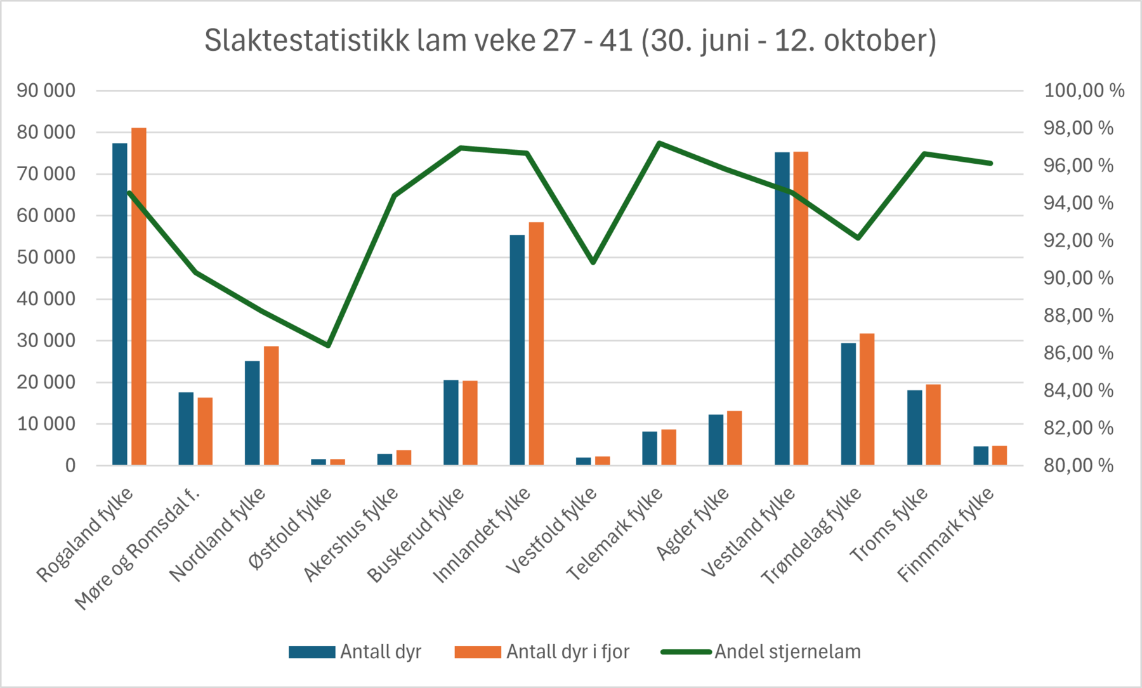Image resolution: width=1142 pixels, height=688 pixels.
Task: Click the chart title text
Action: click(570, 41)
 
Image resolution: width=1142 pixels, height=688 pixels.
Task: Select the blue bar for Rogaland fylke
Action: click(120, 305)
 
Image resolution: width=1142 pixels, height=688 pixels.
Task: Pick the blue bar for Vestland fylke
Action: click(782, 309)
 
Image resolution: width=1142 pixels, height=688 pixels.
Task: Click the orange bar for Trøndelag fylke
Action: click(867, 400)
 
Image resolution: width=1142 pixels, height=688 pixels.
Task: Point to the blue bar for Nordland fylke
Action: click(253, 413)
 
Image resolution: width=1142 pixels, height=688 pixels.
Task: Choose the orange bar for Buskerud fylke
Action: click(470, 423)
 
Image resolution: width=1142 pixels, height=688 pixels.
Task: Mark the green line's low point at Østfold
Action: click(328, 345)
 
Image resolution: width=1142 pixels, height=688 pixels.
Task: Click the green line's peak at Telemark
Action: click(659, 143)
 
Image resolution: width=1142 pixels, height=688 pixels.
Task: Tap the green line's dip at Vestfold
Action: click(593, 261)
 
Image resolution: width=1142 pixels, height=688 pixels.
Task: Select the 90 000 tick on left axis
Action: click(46, 91)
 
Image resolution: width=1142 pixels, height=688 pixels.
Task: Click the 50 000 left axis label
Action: click(46, 257)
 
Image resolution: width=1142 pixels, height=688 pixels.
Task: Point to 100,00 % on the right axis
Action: click(1084, 91)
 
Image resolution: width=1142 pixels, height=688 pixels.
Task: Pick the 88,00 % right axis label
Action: click(1079, 315)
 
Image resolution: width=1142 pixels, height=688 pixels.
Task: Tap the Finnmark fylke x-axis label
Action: click(946, 534)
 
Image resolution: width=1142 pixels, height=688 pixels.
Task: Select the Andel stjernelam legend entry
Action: click(787, 652)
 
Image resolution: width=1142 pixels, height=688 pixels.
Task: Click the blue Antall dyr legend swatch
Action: click(312, 652)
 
